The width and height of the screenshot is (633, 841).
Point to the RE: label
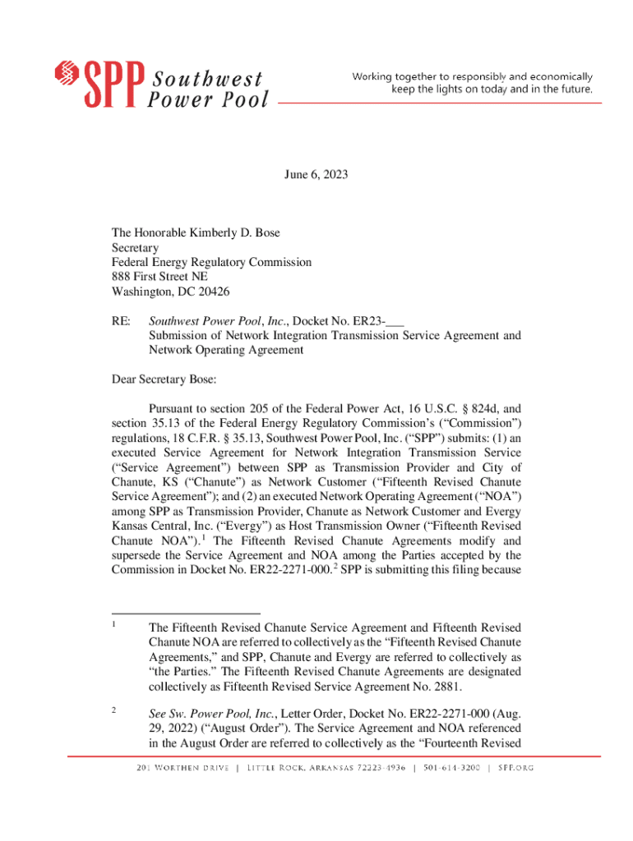click(121, 320)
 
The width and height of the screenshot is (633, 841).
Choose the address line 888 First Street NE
click(159, 277)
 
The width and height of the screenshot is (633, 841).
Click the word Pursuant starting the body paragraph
click(172, 407)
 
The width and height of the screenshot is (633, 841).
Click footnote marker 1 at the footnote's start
click(114, 623)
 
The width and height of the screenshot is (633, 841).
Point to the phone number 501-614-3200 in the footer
click(450, 768)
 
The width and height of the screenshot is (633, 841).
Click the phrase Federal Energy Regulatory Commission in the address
click(211, 262)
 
